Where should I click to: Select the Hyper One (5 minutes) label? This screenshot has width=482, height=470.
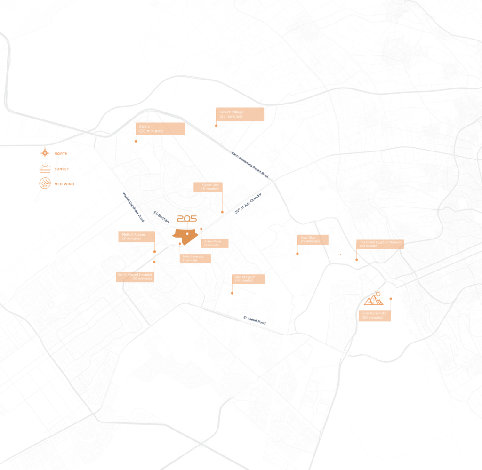click(x=213, y=187)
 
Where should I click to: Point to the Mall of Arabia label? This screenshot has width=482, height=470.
click(x=137, y=237)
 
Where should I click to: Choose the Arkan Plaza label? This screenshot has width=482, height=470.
click(x=217, y=243)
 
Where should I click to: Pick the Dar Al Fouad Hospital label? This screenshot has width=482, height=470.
click(x=136, y=277)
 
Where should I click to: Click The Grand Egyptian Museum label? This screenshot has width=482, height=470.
click(x=380, y=244)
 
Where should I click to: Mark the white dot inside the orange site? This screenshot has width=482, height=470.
click(x=187, y=233)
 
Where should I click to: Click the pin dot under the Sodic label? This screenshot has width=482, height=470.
click(x=136, y=141)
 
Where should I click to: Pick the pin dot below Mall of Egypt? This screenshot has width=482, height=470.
click(x=232, y=293)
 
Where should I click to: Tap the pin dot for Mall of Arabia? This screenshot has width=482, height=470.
click(x=154, y=252)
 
